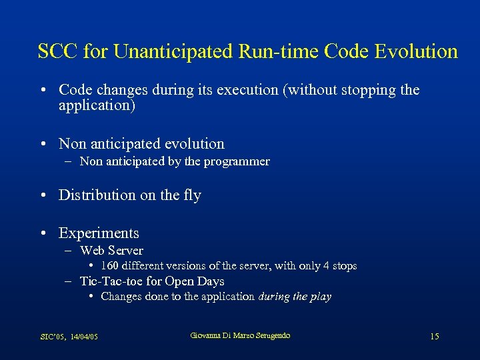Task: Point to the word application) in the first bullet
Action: tap(97, 105)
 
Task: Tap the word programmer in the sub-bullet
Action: tap(238, 161)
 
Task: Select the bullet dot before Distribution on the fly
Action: tap(43, 196)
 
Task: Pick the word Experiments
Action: tap(99, 233)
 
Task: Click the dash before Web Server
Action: tap(69, 251)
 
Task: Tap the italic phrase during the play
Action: tap(295, 297)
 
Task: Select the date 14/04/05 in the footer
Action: tap(85, 337)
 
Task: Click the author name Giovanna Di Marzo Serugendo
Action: tap(240, 335)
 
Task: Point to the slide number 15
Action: tap(434, 337)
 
